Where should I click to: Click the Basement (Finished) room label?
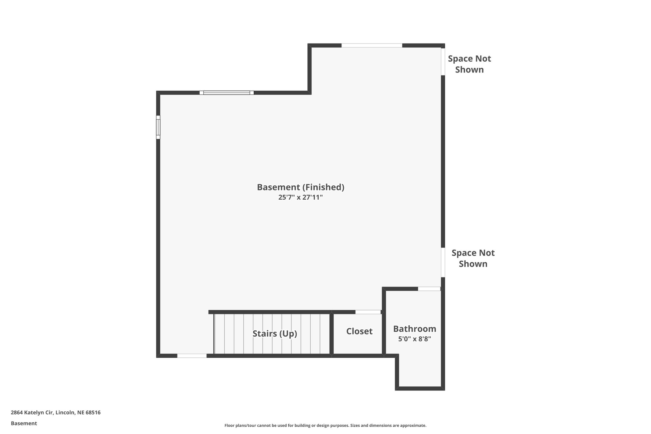point(300,187)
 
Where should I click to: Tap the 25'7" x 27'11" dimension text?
point(300,197)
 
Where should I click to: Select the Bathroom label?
point(415,329)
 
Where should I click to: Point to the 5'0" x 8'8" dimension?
point(415,339)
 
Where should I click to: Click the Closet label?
point(359,331)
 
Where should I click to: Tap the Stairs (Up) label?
point(275,334)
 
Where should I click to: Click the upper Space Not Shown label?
point(469,64)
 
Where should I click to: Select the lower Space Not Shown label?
point(473,258)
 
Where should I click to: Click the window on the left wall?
point(158,127)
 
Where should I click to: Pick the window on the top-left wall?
point(227,93)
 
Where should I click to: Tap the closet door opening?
point(368,312)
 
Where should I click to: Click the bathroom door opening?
point(429,289)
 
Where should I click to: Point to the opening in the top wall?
point(372,45)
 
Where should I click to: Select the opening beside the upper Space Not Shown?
point(443,62)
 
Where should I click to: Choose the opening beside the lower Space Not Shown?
point(443,262)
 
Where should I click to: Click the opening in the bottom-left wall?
point(192,356)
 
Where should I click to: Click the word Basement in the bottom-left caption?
point(24,424)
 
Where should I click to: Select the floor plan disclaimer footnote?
point(325,425)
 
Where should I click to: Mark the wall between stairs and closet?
point(332,333)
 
